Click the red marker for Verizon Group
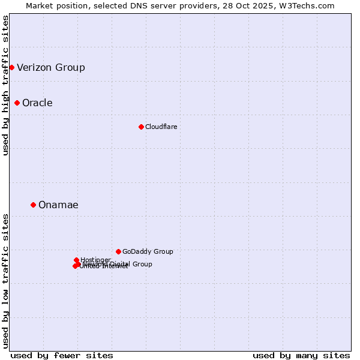(x=11, y=67)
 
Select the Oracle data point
(x=17, y=103)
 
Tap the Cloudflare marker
(x=141, y=127)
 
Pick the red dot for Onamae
(x=33, y=205)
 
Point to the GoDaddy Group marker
(x=118, y=251)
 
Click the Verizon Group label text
(x=51, y=67)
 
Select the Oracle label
(x=37, y=103)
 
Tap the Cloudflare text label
(x=161, y=127)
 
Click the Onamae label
(x=58, y=205)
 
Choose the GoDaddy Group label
(x=148, y=251)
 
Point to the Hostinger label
(x=95, y=260)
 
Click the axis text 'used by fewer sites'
(x=62, y=355)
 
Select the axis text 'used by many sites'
(x=301, y=355)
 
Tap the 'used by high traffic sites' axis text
(x=5, y=85)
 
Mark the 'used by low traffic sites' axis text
(x=5, y=280)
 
